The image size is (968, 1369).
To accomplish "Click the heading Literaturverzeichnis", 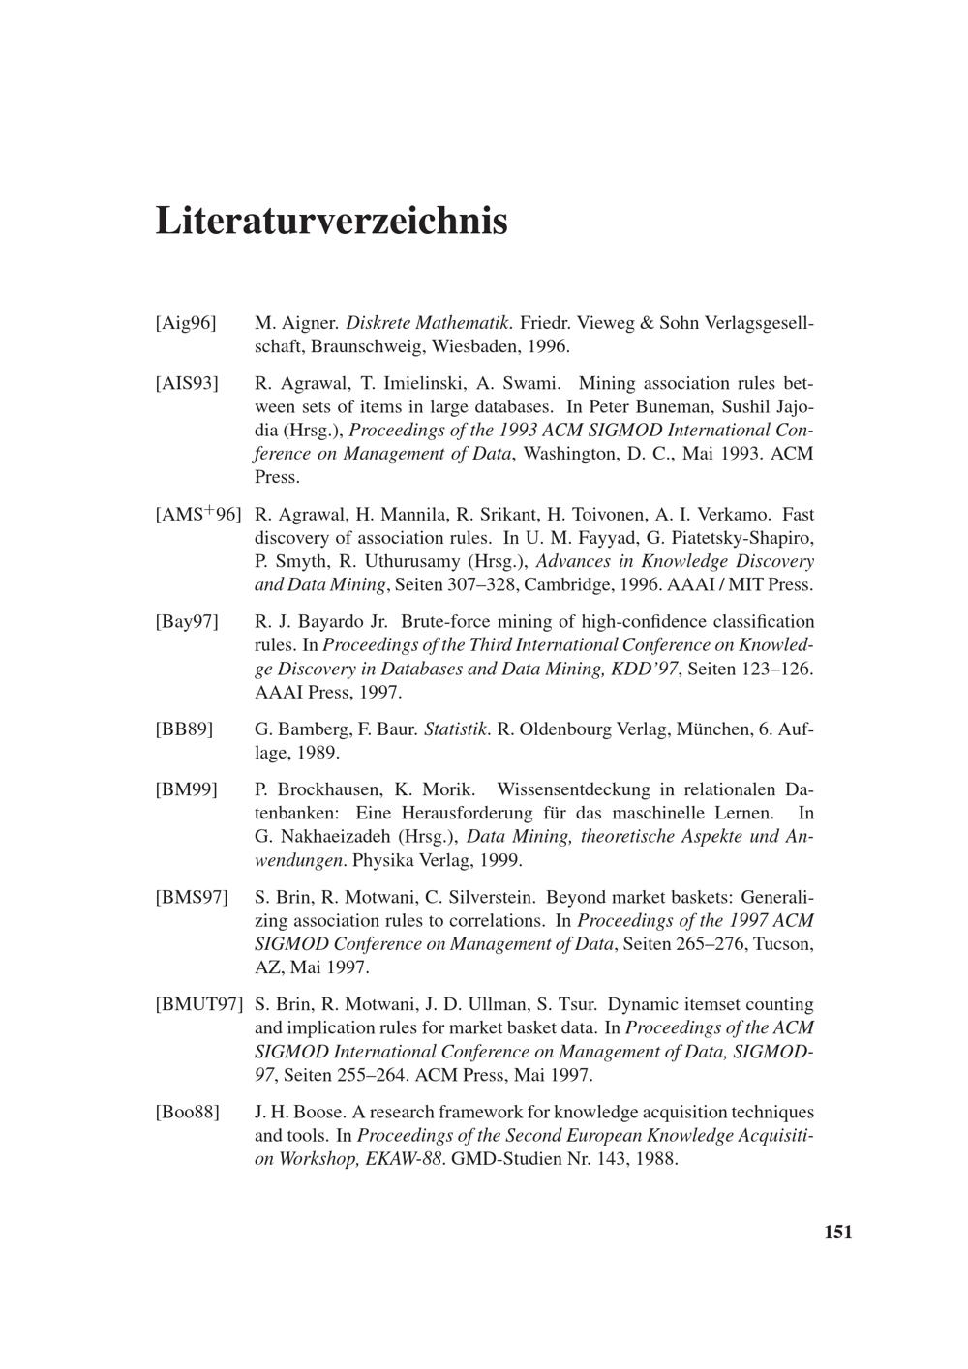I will tap(331, 221).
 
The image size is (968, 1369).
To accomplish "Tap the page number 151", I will tap(838, 1232).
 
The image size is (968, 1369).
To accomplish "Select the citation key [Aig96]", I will tap(186, 322).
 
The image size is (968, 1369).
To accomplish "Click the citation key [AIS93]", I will tap(187, 383).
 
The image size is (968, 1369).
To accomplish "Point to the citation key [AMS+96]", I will tap(197, 515).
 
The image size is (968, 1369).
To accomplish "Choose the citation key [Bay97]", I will tap(187, 622).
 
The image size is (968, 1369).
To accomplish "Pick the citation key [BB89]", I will tap(184, 729).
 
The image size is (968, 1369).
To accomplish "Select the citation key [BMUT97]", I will tap(198, 1005).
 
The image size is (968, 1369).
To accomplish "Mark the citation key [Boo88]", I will tap(188, 1113).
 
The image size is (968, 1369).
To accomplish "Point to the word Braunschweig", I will tap(368, 345).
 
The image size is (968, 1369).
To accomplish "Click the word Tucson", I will tap(783, 944).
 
